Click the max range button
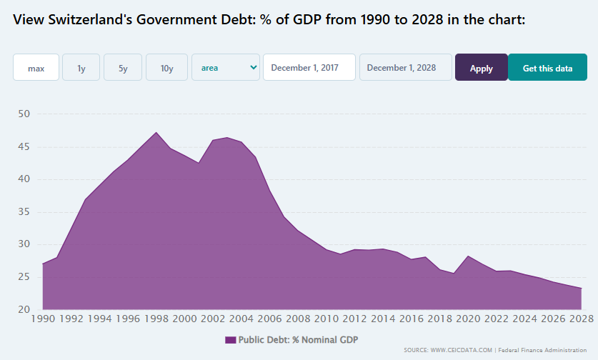(36, 68)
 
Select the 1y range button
(81, 68)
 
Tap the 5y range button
(123, 68)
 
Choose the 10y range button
(166, 68)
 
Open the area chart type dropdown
(225, 68)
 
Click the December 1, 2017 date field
(309, 68)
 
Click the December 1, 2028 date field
(405, 68)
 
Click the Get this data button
(547, 68)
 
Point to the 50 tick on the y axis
(24, 114)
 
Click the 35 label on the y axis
(24, 212)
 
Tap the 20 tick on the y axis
(24, 310)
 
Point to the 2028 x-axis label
(579, 319)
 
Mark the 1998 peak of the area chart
(156, 132)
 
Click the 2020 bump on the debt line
(468, 256)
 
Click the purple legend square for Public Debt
(230, 340)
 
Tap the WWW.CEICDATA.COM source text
(459, 350)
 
